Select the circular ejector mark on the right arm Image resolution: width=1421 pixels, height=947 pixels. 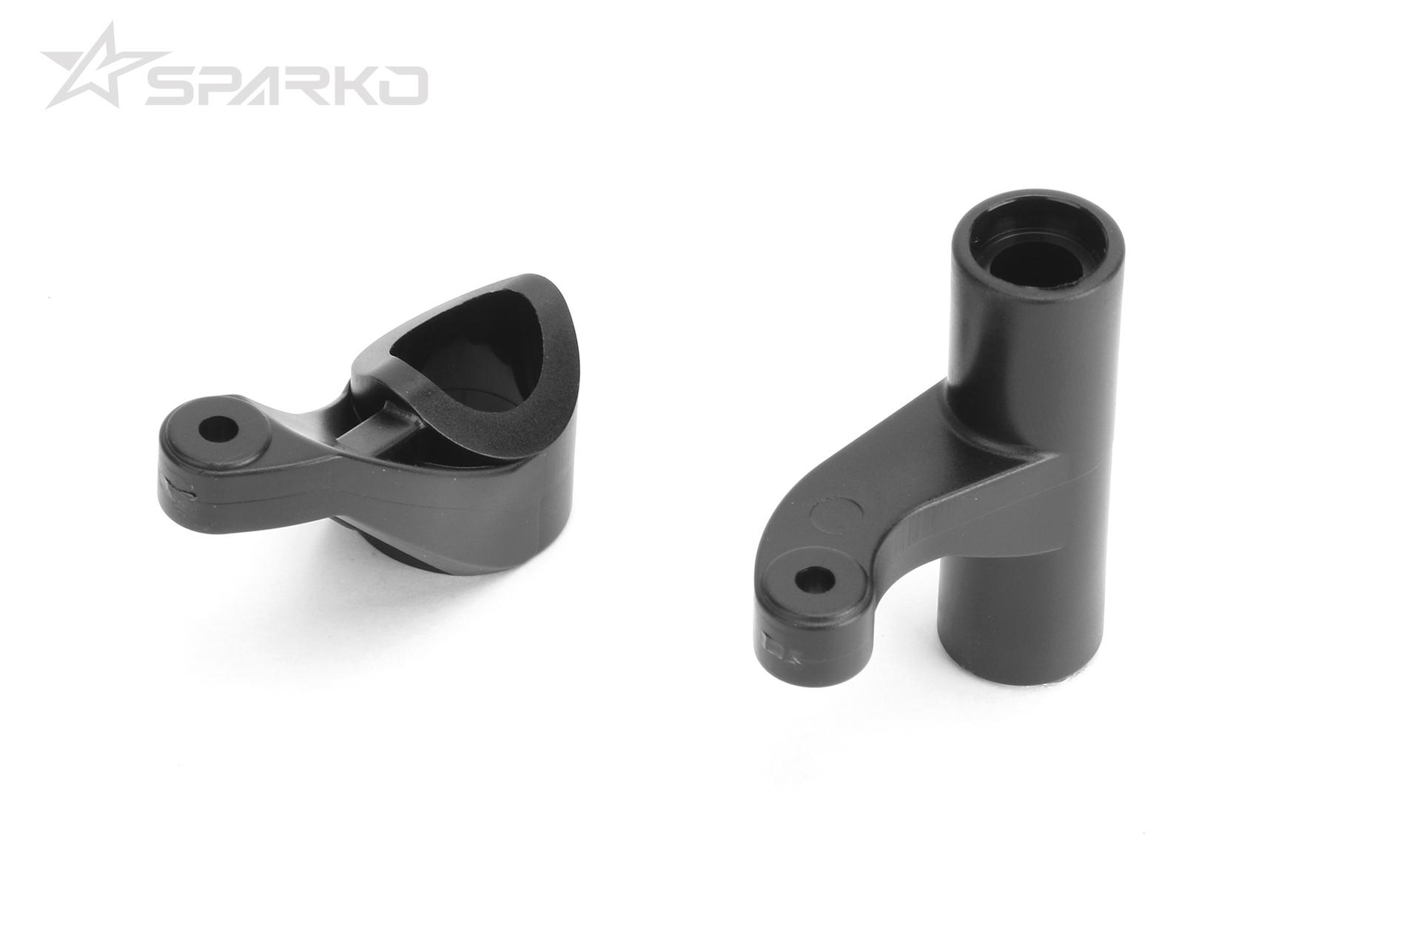click(x=836, y=515)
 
